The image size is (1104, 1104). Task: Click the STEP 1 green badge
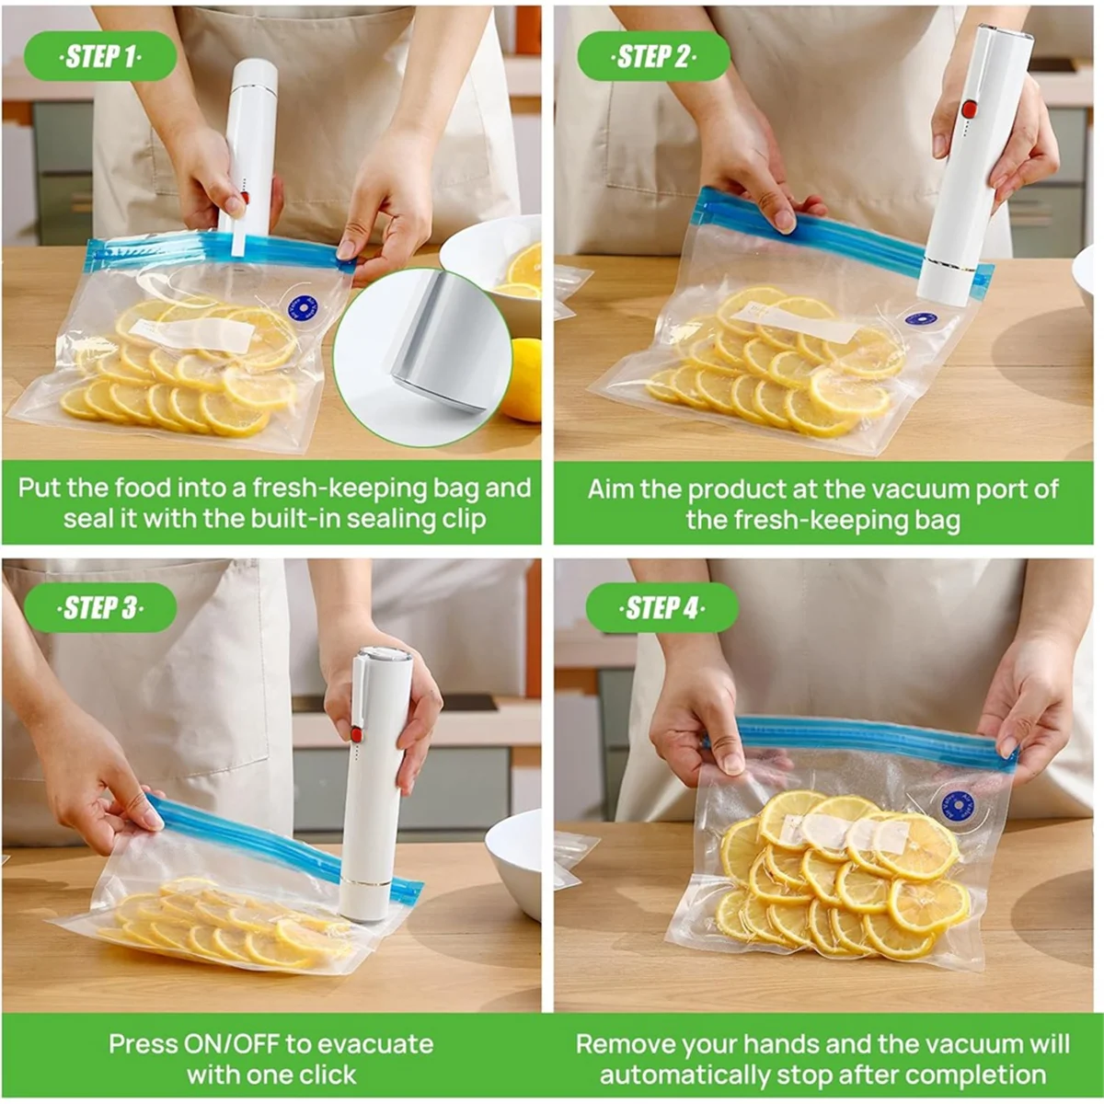[100, 57]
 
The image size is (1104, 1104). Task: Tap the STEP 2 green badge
[653, 57]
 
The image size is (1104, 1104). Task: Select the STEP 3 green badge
[100, 608]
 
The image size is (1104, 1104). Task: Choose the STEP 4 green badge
[661, 608]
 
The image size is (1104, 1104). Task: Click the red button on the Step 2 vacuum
[968, 109]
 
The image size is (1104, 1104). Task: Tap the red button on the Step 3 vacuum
[355, 733]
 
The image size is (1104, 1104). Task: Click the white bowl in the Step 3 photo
[515, 860]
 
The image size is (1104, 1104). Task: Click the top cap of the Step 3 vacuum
[385, 656]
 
